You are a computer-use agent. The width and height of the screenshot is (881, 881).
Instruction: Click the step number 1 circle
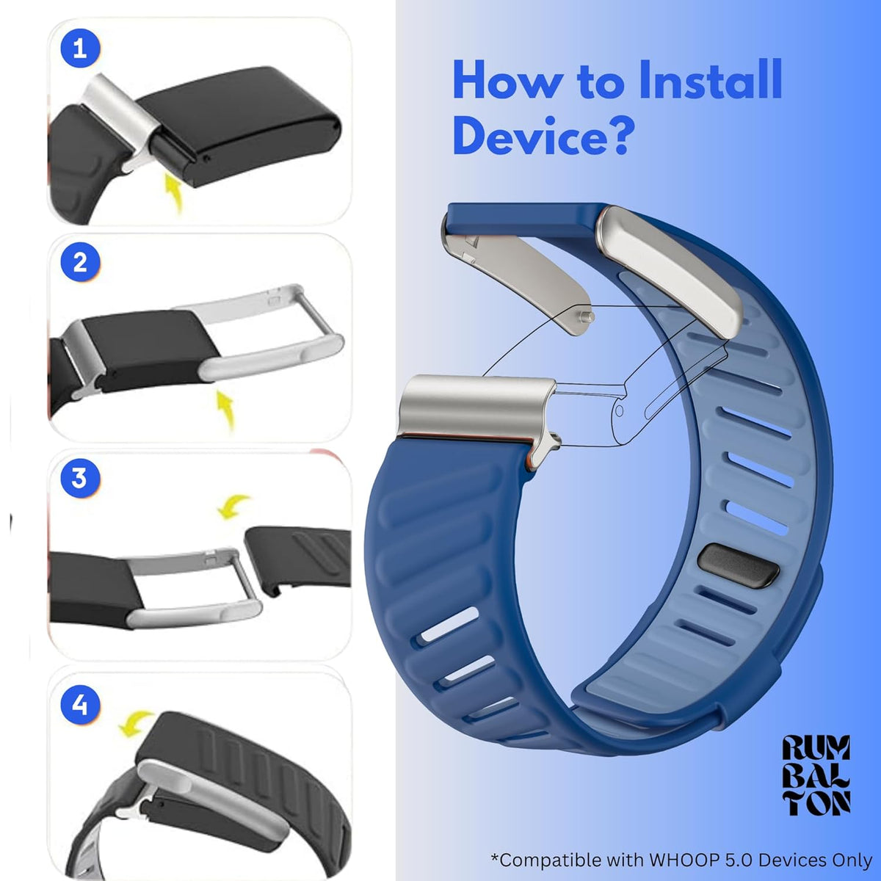pyautogui.click(x=80, y=48)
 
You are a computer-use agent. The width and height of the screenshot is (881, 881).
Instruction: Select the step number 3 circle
pyautogui.click(x=80, y=478)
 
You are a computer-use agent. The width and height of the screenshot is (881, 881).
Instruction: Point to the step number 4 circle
pyautogui.click(x=80, y=705)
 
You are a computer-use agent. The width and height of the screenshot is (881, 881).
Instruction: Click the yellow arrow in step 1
pyautogui.click(x=174, y=195)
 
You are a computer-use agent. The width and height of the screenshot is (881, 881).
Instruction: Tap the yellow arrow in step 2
pyautogui.click(x=226, y=410)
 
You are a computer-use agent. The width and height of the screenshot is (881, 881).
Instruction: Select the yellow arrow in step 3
pyautogui.click(x=233, y=507)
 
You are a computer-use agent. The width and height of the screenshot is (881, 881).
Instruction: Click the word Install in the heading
pyautogui.click(x=709, y=81)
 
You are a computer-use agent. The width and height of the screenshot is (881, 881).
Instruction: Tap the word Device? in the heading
pyautogui.click(x=544, y=136)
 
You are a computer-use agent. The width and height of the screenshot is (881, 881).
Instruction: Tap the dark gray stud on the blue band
pyautogui.click(x=739, y=567)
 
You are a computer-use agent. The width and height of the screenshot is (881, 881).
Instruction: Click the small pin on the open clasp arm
pyautogui.click(x=587, y=316)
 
